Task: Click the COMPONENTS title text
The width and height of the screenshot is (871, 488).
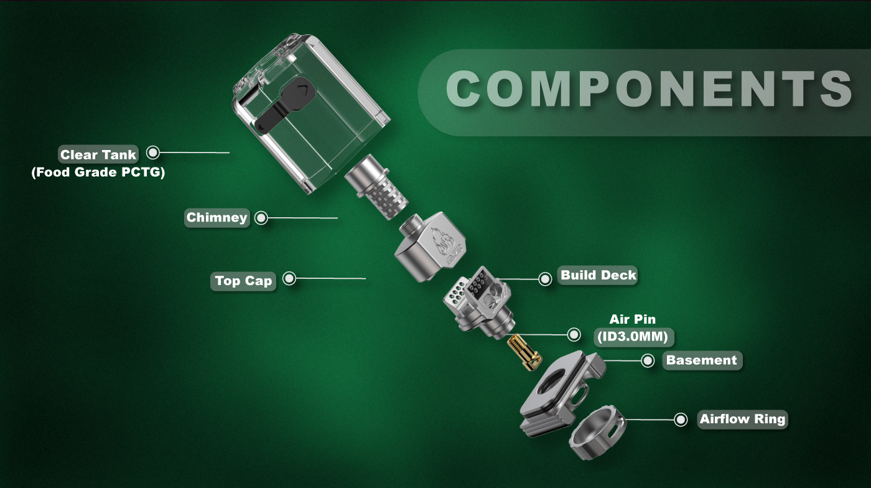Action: click(649, 89)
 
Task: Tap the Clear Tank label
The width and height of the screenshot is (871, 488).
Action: click(98, 154)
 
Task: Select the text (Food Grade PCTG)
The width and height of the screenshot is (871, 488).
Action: click(98, 172)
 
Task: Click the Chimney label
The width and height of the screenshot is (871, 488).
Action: click(217, 217)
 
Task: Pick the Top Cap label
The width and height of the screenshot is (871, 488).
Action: click(243, 281)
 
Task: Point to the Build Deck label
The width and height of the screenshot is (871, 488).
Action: click(598, 275)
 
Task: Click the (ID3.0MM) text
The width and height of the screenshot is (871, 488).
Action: click(633, 336)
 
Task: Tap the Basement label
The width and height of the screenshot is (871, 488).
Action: click(702, 360)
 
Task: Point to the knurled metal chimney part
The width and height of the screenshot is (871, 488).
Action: click(376, 187)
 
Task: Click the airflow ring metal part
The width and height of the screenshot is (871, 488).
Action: click(598, 433)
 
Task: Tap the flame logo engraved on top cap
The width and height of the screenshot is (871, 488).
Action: click(444, 242)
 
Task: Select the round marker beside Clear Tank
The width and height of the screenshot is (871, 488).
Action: click(153, 152)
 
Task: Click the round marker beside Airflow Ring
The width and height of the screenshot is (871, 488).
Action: click(681, 420)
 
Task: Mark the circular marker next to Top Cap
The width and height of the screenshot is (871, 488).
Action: click(289, 278)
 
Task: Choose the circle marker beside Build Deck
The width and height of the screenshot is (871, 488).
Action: click(545, 279)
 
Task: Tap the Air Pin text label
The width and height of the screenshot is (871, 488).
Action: click(633, 319)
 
